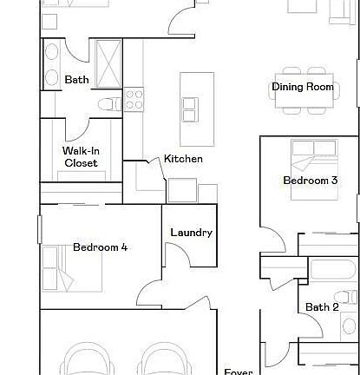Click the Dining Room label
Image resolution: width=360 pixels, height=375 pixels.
(303, 87)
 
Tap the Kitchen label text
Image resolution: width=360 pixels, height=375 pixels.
(183, 159)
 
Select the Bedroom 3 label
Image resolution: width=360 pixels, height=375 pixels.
(310, 181)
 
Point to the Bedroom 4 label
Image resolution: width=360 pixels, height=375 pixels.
(100, 247)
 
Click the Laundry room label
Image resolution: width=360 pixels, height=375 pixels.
(191, 233)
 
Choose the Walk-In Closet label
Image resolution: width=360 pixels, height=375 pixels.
(81, 156)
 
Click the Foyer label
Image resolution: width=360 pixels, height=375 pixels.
(239, 372)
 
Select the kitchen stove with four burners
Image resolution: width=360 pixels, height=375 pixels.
(134, 99)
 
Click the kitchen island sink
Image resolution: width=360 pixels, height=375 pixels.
(190, 109)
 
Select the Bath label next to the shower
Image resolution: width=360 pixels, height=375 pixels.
(77, 80)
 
